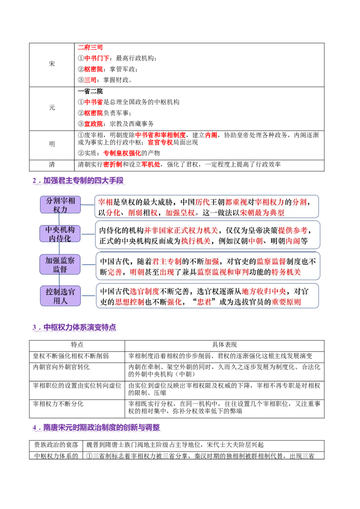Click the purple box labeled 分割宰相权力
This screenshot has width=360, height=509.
tap(60, 205)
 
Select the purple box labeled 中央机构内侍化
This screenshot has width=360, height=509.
tap(60, 234)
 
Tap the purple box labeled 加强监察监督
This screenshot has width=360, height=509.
tap(60, 265)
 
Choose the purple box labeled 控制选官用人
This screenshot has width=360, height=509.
tap(60, 296)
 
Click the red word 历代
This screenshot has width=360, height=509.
tap(203, 202)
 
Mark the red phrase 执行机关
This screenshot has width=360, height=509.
tap(196, 241)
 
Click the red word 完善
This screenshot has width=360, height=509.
tap(115, 272)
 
